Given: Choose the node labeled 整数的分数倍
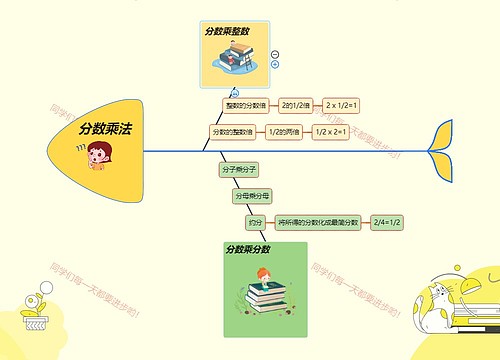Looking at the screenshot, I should [244, 105].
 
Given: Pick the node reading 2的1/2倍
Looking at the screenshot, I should [296, 105].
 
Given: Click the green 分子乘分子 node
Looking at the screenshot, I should [239, 170].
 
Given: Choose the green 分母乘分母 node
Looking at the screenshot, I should [252, 197].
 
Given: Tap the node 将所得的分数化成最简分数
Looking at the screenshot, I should [318, 223].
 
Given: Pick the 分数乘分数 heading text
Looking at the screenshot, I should [248, 249].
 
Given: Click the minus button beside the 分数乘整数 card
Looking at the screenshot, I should [275, 54].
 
